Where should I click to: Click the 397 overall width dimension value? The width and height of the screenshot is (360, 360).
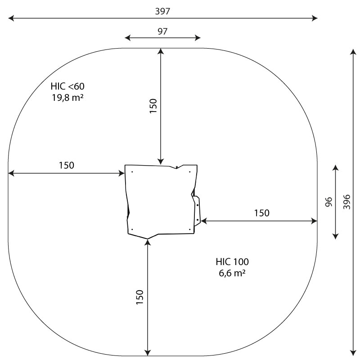coord(162,11)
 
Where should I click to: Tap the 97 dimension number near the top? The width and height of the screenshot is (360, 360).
coord(162,31)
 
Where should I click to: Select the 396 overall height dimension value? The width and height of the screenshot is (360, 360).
coord(346,202)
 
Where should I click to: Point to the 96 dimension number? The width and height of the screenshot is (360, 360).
coord(329,202)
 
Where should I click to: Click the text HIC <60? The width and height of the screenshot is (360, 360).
coord(67,86)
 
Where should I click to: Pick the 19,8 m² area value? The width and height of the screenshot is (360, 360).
coord(67,98)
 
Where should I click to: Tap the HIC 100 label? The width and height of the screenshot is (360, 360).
coord(232,262)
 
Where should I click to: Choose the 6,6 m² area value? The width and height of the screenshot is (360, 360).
coord(232,273)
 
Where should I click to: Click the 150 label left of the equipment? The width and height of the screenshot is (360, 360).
coord(67,165)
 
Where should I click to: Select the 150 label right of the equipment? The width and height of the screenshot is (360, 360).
coord(261,213)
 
